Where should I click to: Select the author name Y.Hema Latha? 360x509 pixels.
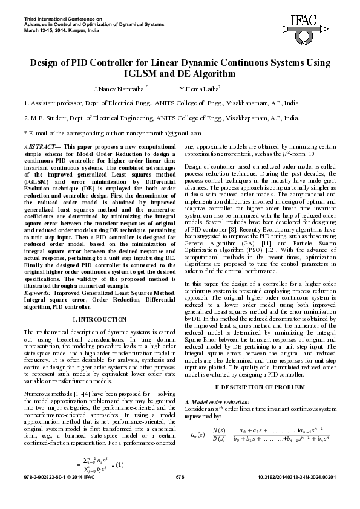click(x=199, y=88)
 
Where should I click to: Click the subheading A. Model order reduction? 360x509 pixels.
click(x=216, y=402)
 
